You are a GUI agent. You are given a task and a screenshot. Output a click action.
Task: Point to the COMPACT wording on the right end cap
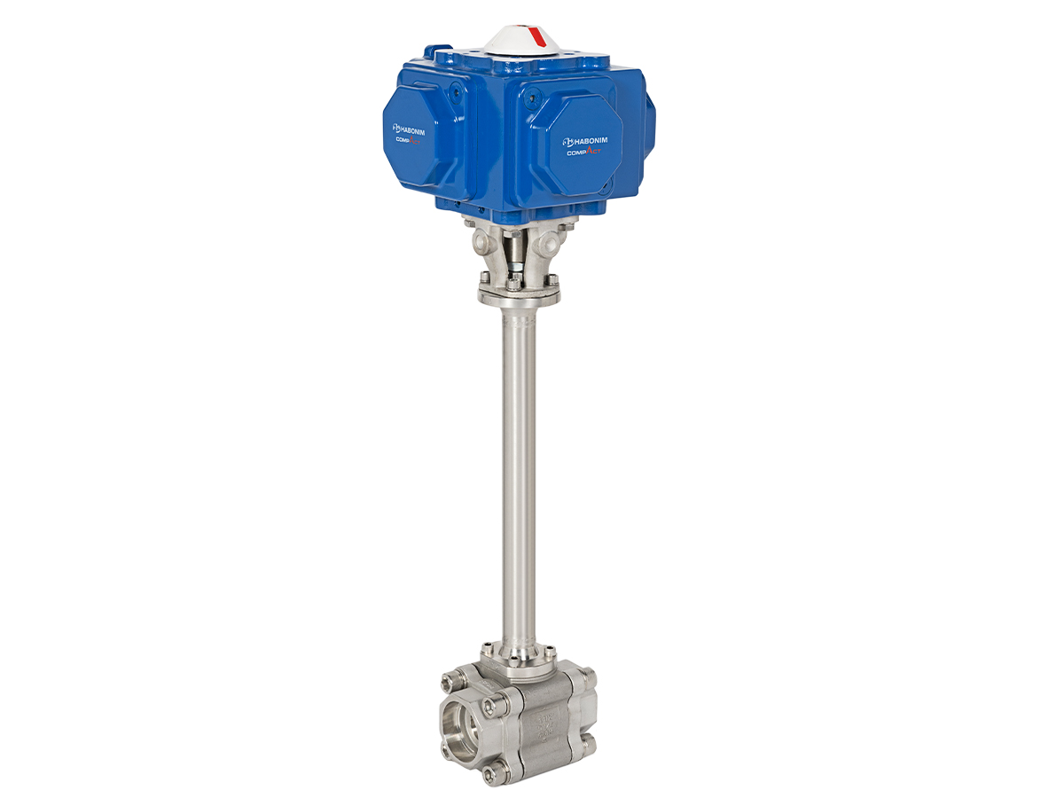588,153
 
